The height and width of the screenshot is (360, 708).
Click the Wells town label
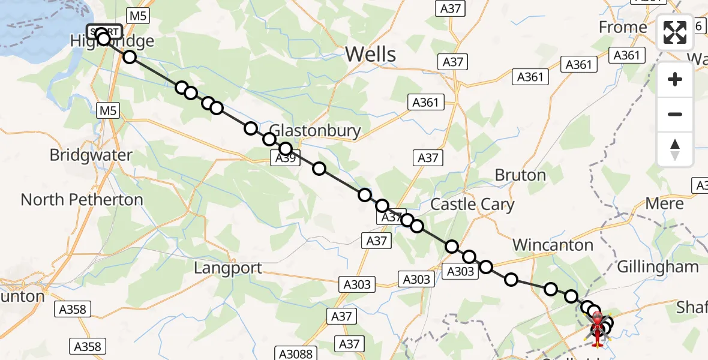tap(370, 55)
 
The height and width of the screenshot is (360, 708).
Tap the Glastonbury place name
tap(315, 131)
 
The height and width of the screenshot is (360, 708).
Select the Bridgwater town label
tap(91, 155)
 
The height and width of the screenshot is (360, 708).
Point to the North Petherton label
tap(82, 200)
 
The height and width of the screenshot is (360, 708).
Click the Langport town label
tap(228, 268)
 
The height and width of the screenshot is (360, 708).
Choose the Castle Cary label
tap(472, 205)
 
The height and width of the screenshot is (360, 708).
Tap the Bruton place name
tap(520, 175)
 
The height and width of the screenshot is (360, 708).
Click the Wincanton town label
tap(553, 245)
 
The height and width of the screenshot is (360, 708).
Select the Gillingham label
tap(658, 267)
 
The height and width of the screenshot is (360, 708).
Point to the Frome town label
tap(623, 28)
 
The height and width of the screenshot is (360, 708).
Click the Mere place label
tap(664, 203)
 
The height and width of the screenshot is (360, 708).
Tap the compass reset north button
tap(675, 149)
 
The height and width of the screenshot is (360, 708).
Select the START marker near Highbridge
tap(104, 32)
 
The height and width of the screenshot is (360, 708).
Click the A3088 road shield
tap(296, 353)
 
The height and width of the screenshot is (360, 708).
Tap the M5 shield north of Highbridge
tap(138, 16)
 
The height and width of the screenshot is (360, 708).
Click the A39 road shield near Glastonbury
tap(284, 158)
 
